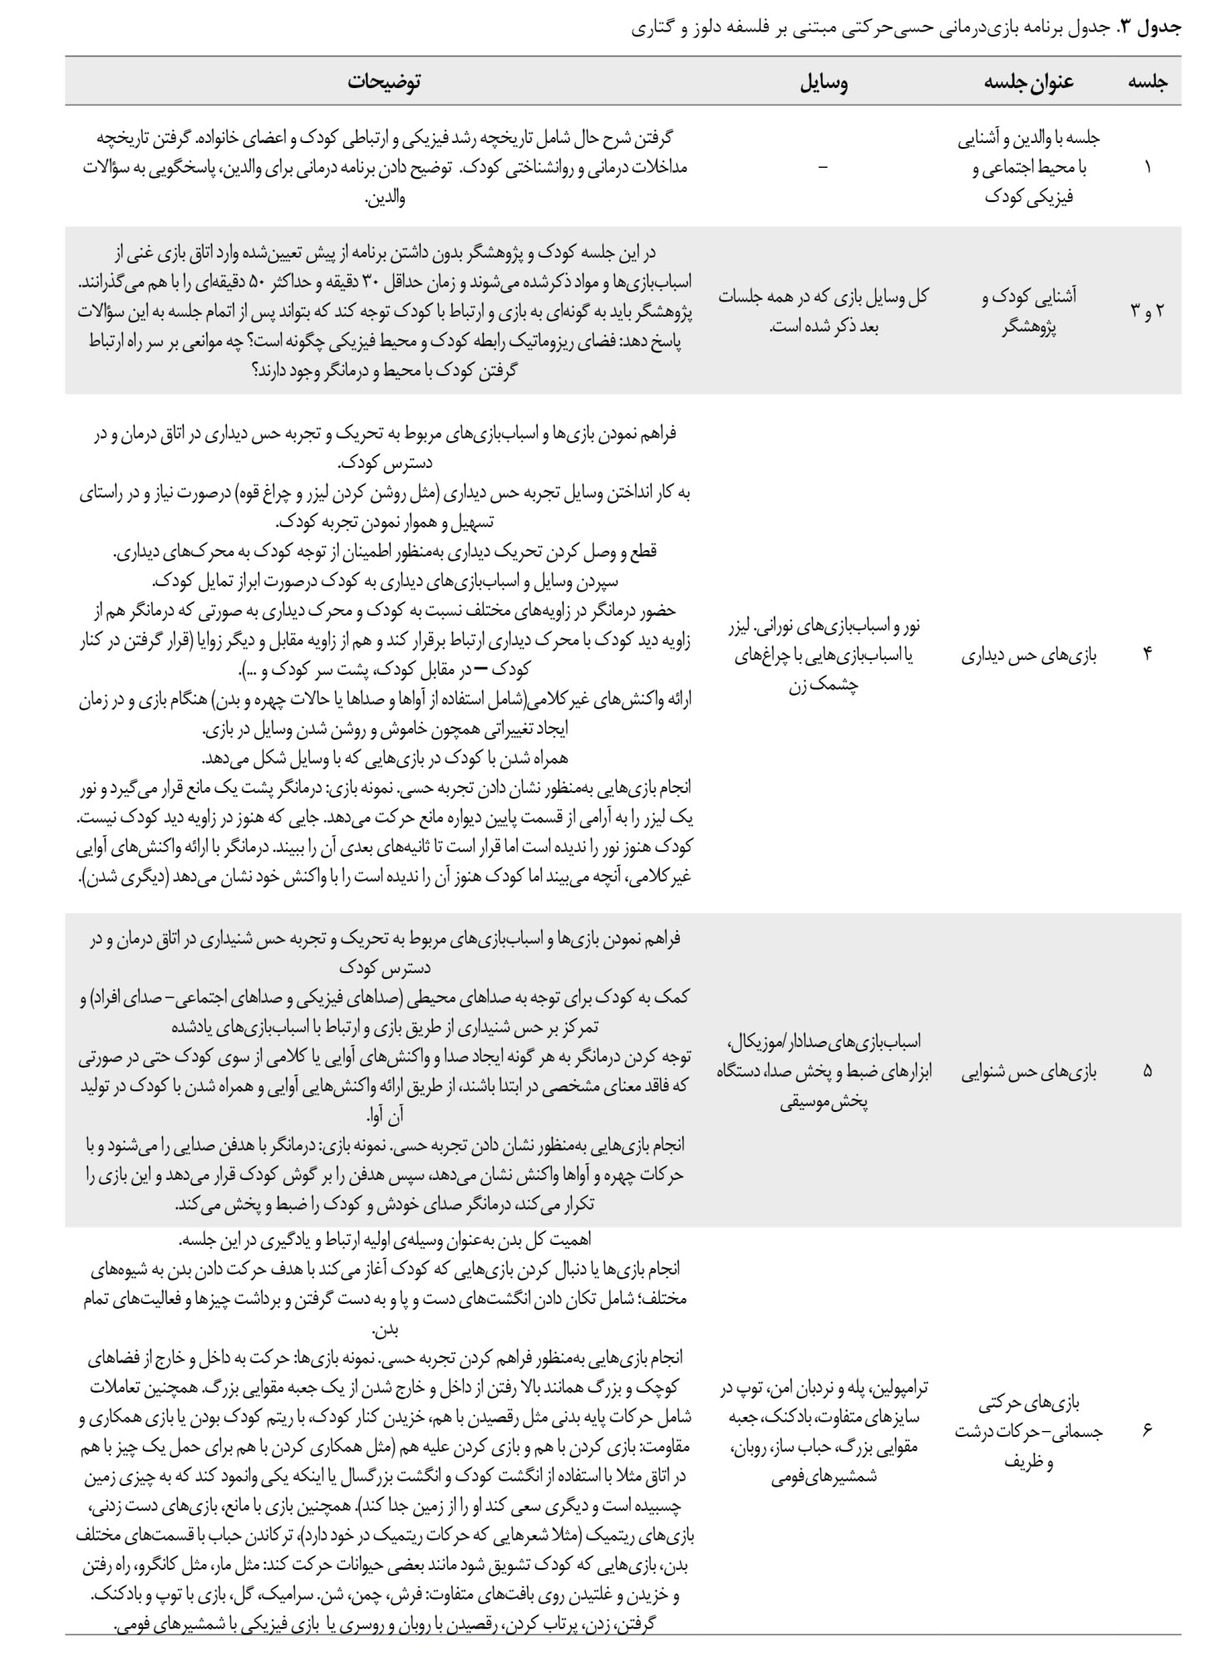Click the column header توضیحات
[384, 81]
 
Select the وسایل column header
[824, 81]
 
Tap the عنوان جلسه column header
[1028, 81]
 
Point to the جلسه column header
[1147, 81]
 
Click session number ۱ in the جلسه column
[1148, 167]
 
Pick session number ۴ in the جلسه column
[1148, 654]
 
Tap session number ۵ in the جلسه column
[1148, 1070]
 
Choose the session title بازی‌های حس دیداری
[1029, 655]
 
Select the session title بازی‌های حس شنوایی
[1029, 1071]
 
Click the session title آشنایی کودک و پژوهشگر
[1029, 310]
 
